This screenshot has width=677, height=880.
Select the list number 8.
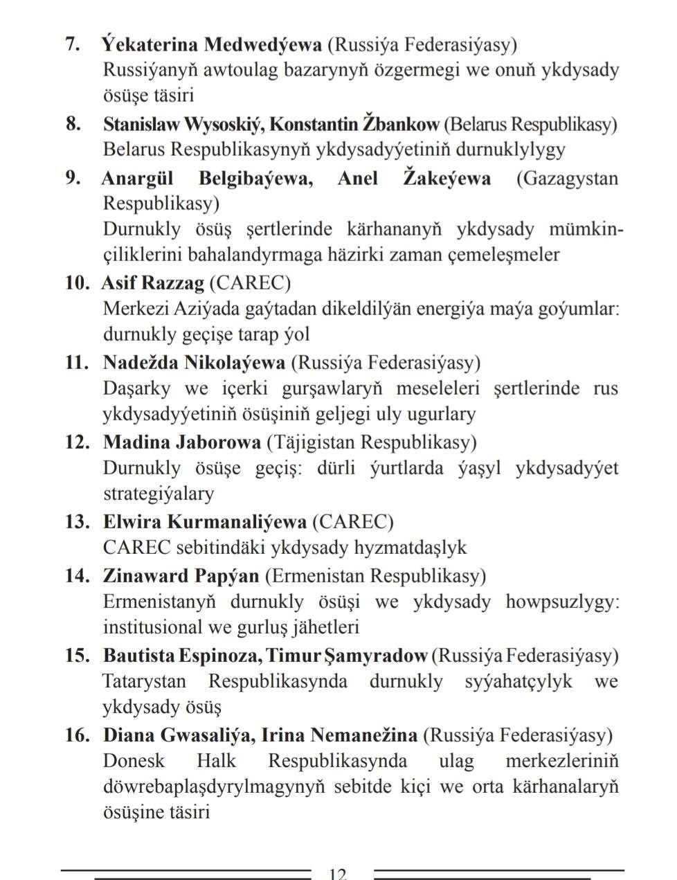click(73, 124)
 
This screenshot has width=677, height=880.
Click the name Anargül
click(137, 179)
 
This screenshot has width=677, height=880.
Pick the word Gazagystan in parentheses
click(569, 179)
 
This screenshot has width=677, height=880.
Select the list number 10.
click(77, 283)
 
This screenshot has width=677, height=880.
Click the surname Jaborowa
click(217, 442)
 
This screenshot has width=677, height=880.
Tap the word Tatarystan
click(144, 681)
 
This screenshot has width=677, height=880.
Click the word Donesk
click(134, 761)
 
